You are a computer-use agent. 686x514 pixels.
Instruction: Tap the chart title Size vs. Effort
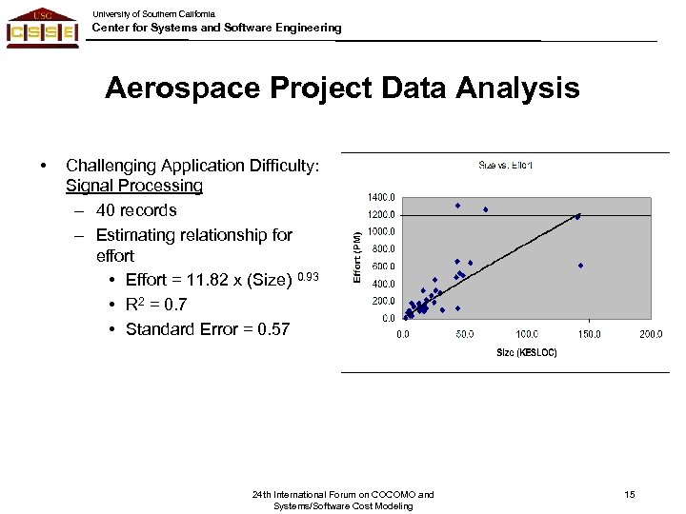[505, 166]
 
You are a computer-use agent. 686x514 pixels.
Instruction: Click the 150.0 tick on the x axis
[589, 334]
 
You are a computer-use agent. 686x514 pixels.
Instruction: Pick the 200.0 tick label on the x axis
[651, 334]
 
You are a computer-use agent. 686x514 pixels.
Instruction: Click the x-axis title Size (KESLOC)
[527, 352]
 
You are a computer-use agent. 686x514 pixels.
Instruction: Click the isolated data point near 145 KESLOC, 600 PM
[580, 266]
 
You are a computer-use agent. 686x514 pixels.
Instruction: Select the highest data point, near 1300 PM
[457, 205]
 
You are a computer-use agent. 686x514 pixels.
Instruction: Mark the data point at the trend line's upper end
[577, 216]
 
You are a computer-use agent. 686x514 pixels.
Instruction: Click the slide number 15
[629, 494]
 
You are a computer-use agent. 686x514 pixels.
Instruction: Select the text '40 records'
[136, 209]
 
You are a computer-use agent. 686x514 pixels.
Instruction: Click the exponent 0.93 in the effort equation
[309, 277]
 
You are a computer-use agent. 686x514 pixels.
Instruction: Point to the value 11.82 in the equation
[198, 281]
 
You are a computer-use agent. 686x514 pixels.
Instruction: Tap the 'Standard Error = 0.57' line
[208, 329]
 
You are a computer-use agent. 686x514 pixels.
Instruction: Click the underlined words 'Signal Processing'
[134, 186]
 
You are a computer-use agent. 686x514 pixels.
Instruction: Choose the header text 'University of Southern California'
[153, 14]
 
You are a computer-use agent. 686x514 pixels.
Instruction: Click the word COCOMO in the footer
[393, 494]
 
